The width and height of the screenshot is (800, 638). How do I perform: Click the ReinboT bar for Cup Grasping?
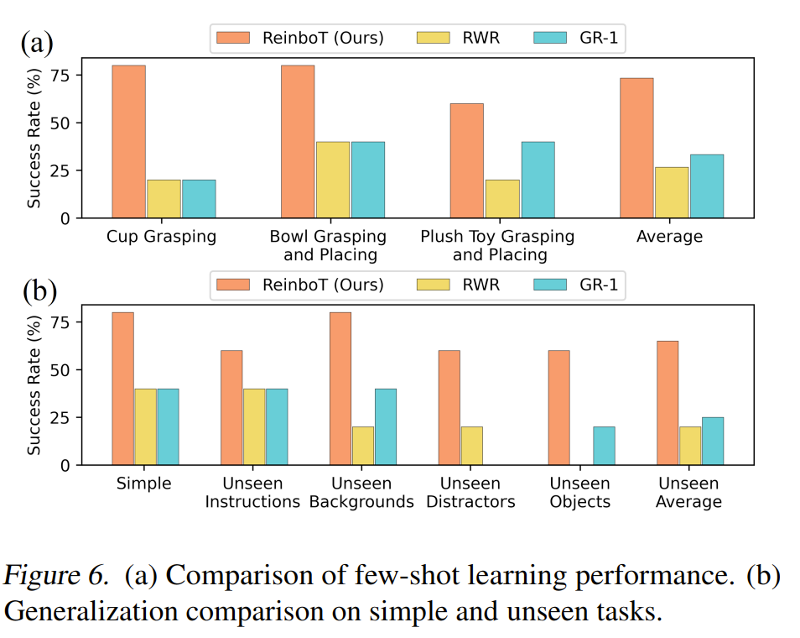pos(128,142)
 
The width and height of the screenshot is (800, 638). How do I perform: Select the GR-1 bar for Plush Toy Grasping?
pos(537,180)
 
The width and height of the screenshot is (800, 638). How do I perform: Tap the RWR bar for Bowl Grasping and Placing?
pos(333,180)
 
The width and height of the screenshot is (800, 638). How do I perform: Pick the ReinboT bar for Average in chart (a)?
pos(636,148)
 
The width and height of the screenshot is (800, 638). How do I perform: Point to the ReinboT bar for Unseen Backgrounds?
pos(340,389)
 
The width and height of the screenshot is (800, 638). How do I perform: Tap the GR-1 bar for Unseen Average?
pos(712,441)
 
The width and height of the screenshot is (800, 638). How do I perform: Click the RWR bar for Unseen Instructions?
pos(254,426)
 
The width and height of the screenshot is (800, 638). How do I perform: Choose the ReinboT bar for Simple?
pos(122,389)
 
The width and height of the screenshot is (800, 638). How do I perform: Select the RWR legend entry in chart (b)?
pos(461,285)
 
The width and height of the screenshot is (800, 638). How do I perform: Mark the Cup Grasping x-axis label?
pos(161,237)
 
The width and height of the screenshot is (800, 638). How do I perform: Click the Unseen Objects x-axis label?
pos(580,493)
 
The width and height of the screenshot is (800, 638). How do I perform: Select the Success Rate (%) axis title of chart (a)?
pos(34,139)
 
